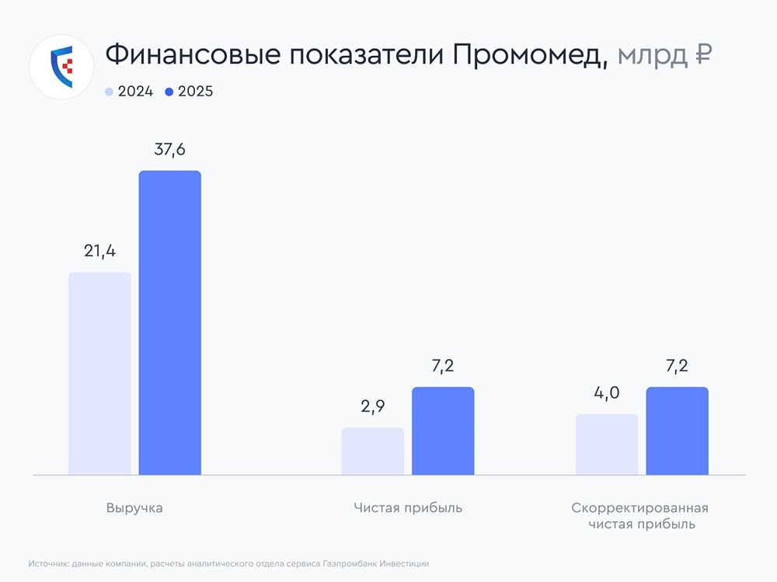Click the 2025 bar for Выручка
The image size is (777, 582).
pyautogui.click(x=169, y=322)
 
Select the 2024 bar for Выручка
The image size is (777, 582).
pyautogui.click(x=99, y=373)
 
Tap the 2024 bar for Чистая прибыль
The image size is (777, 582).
pyautogui.click(x=372, y=451)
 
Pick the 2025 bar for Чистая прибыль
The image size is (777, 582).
pyautogui.click(x=442, y=430)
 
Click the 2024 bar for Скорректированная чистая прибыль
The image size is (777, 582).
pyautogui.click(x=606, y=444)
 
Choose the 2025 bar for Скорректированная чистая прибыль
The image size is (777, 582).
pyautogui.click(x=677, y=430)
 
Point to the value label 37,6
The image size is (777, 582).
pyautogui.click(x=169, y=150)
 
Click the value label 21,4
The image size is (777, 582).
pyautogui.click(x=99, y=251)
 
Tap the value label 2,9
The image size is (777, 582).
pyautogui.click(x=372, y=407)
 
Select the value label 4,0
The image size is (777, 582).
pyautogui.click(x=606, y=393)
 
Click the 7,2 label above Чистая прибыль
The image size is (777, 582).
pyautogui.click(x=442, y=366)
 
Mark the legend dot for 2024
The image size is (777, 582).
pyautogui.click(x=109, y=92)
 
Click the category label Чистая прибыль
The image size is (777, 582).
pyautogui.click(x=407, y=508)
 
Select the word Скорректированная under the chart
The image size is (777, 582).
pyautogui.click(x=640, y=508)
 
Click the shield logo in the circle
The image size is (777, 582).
pyautogui.click(x=61, y=65)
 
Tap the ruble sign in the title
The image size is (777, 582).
pyautogui.click(x=702, y=54)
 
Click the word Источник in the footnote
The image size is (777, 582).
pyautogui.click(x=47, y=563)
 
